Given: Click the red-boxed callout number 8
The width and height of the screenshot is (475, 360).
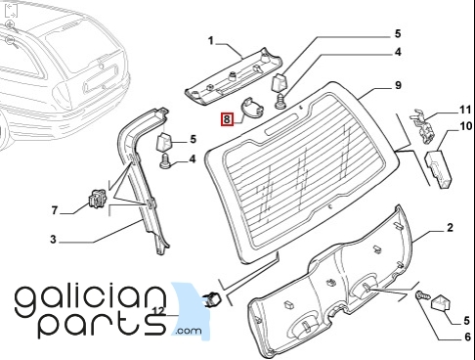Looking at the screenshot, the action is click(227, 119).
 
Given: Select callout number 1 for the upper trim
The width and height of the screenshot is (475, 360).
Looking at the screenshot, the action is click(211, 41).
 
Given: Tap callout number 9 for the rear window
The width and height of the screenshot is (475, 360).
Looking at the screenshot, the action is click(398, 85).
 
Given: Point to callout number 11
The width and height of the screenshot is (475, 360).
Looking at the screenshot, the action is click(465, 110).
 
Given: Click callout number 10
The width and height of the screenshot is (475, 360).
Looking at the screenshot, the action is click(465, 126).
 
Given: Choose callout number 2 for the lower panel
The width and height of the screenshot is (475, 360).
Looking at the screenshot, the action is click(450, 227).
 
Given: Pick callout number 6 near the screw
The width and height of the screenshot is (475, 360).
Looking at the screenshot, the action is click(467, 337).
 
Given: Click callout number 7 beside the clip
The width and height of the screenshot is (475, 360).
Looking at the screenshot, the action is click(55, 210).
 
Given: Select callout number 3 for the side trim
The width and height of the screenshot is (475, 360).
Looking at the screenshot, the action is click(53, 240).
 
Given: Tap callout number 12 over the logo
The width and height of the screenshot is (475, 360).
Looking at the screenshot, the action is click(159, 311).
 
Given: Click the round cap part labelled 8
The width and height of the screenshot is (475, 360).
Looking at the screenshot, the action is click(252, 108).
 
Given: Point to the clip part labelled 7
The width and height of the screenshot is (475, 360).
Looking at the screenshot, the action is click(97, 199).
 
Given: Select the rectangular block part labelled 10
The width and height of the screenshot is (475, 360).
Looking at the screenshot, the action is click(438, 169).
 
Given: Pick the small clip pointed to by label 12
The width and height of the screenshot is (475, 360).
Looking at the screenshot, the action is click(212, 299).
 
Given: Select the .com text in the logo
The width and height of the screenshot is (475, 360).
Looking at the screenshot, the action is click(189, 331).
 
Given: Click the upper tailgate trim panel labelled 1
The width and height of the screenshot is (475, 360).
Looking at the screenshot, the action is click(234, 76).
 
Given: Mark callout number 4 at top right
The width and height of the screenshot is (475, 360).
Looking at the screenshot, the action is click(398, 52).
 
